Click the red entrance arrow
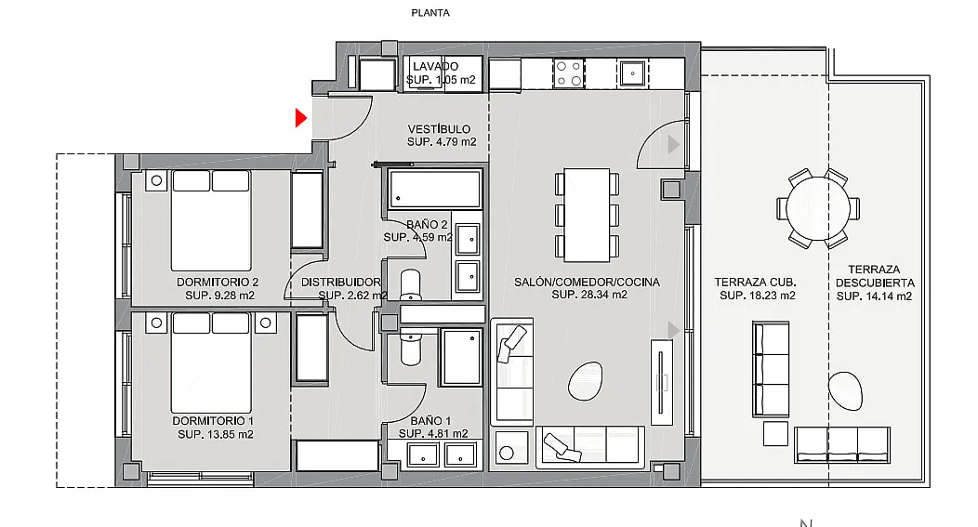301,118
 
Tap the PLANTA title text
430,12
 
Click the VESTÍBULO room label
439,129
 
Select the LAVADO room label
435,66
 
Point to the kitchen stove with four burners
569,73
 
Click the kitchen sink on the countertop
632,73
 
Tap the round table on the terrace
818,209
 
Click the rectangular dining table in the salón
587,215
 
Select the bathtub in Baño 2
435,189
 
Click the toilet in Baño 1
411,349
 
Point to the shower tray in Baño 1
461,357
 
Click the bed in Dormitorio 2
211,220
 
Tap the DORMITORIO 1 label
213,421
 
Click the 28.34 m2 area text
589,295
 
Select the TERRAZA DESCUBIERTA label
875,276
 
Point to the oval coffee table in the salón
586,381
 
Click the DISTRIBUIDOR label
340,283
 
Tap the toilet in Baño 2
410,285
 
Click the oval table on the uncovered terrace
845,391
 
